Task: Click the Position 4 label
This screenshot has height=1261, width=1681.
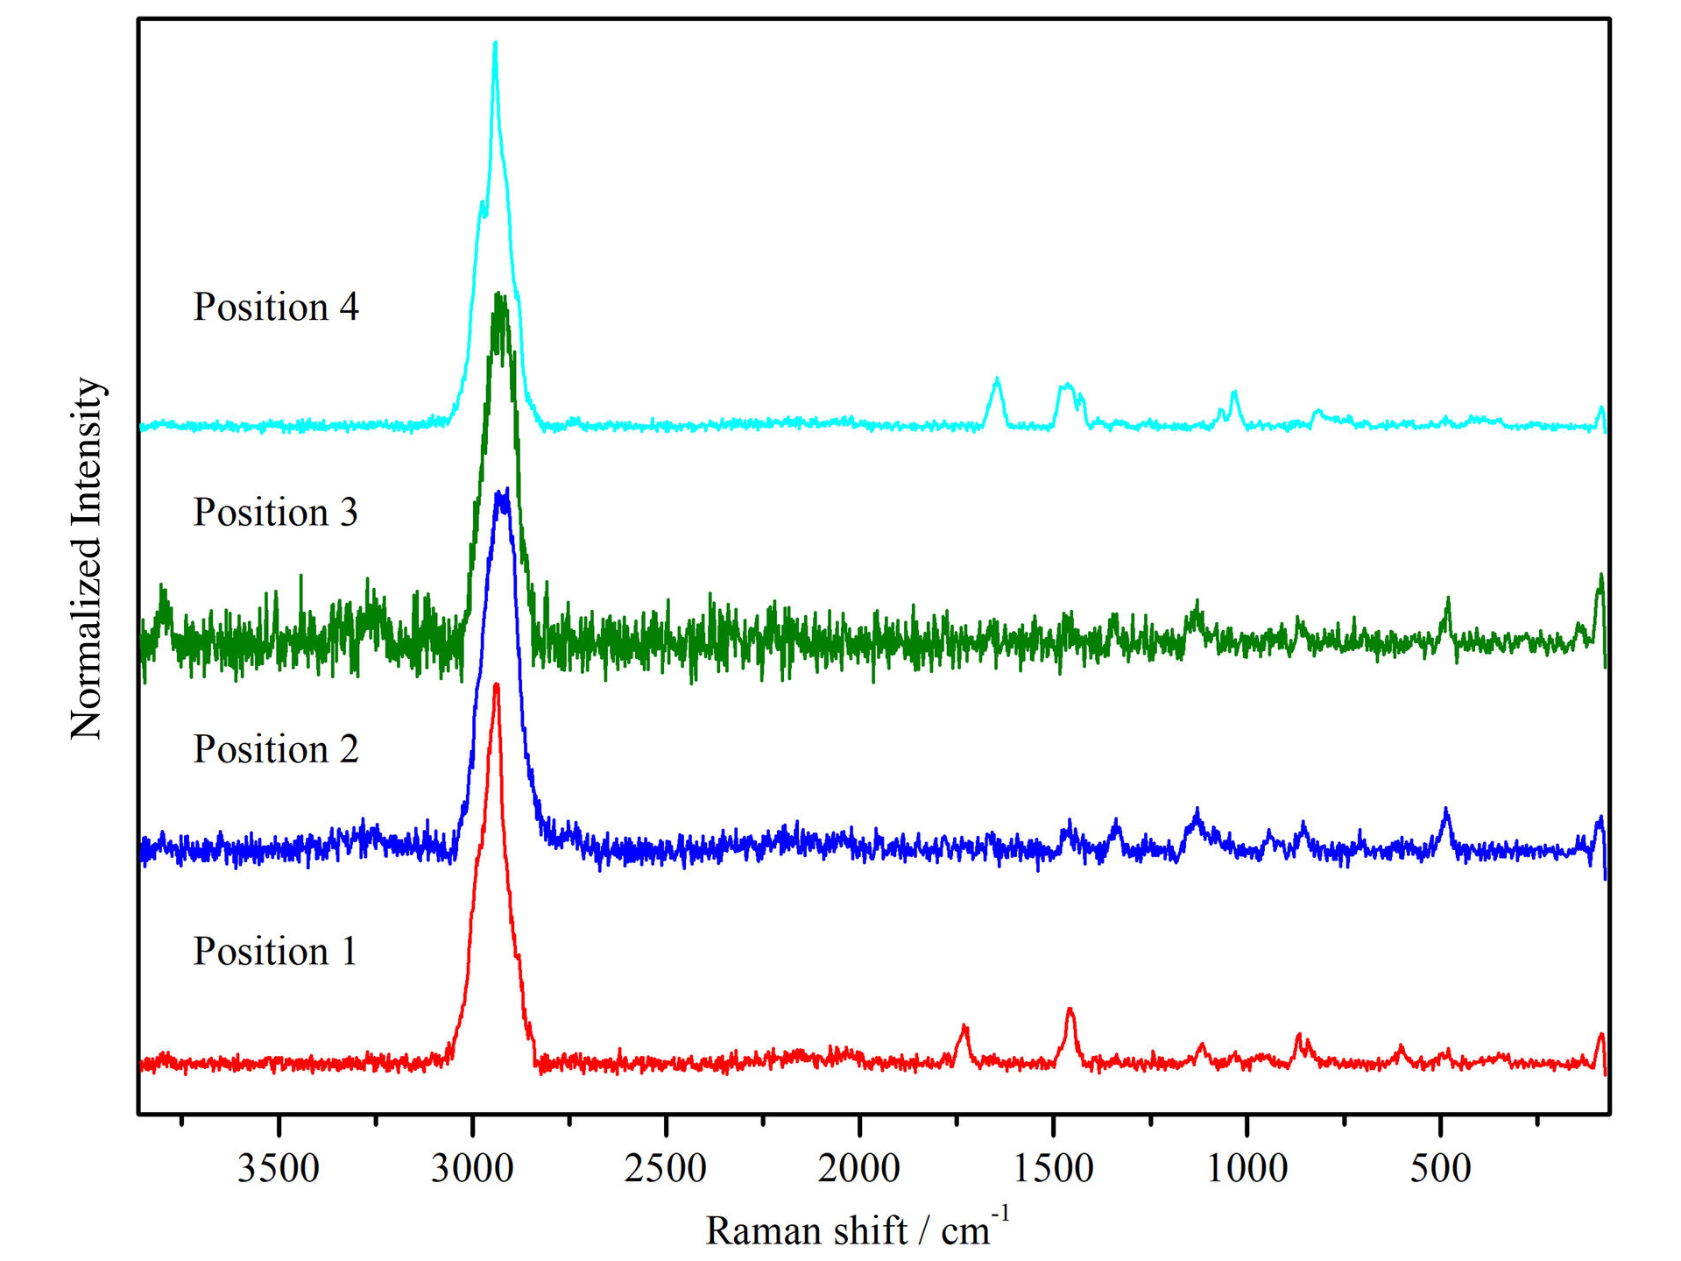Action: [x=276, y=308]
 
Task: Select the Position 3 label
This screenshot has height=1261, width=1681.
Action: [x=276, y=513]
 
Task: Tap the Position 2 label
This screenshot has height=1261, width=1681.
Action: [x=276, y=749]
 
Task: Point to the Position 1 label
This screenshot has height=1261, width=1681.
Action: [x=276, y=952]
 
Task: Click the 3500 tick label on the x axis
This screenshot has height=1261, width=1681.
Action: [x=279, y=1168]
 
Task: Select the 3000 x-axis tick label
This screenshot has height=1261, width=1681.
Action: [x=472, y=1168]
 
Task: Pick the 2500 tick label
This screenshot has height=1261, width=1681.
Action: [x=666, y=1168]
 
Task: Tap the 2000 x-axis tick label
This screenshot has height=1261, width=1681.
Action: [x=859, y=1168]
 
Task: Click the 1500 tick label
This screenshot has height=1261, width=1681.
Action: [x=1054, y=1168]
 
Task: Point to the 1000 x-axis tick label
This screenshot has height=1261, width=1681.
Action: [x=1247, y=1168]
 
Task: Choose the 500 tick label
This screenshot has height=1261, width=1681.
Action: [x=1440, y=1168]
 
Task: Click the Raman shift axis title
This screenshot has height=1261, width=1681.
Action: [x=857, y=1229]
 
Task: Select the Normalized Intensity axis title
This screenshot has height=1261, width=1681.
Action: [x=87, y=558]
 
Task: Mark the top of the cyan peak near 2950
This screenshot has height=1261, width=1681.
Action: [x=496, y=43]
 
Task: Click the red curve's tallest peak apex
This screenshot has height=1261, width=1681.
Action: [x=497, y=684]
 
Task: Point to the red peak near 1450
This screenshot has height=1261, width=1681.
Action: [x=1070, y=1010]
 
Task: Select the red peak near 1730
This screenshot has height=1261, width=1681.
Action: [x=964, y=1025]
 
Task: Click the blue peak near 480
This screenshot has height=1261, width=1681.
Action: [x=1446, y=810]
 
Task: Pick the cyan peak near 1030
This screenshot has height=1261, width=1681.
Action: [x=1234, y=393]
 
